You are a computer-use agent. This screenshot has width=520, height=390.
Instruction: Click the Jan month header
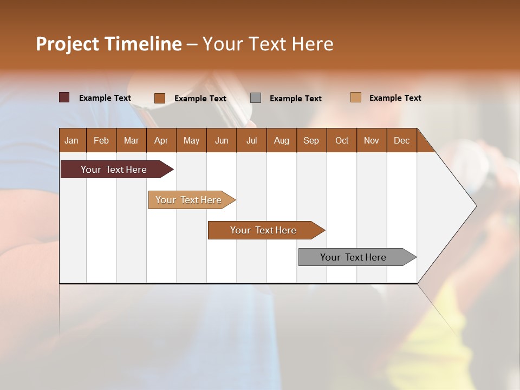click(x=71, y=140)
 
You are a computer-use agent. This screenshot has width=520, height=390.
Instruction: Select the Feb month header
click(x=101, y=140)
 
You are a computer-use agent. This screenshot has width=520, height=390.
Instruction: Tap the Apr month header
click(x=161, y=140)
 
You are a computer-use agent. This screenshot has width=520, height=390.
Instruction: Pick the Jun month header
click(x=222, y=140)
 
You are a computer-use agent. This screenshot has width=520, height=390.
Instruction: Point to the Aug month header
click(x=281, y=140)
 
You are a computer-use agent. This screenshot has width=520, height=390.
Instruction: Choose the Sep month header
click(x=311, y=140)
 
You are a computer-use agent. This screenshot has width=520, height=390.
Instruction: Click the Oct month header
click(x=342, y=140)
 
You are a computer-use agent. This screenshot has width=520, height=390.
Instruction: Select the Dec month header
click(x=401, y=140)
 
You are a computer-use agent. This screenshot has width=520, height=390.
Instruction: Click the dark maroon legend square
click(x=64, y=97)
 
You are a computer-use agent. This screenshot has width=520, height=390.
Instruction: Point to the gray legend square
click(x=256, y=98)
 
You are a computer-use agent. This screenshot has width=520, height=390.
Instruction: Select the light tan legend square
click(x=356, y=97)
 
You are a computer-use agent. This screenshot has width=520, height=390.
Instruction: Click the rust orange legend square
click(x=160, y=98)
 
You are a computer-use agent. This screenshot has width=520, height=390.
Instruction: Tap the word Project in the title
click(x=67, y=44)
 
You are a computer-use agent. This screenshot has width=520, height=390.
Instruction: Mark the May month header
click(x=191, y=140)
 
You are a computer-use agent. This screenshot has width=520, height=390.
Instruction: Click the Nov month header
click(x=371, y=140)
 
